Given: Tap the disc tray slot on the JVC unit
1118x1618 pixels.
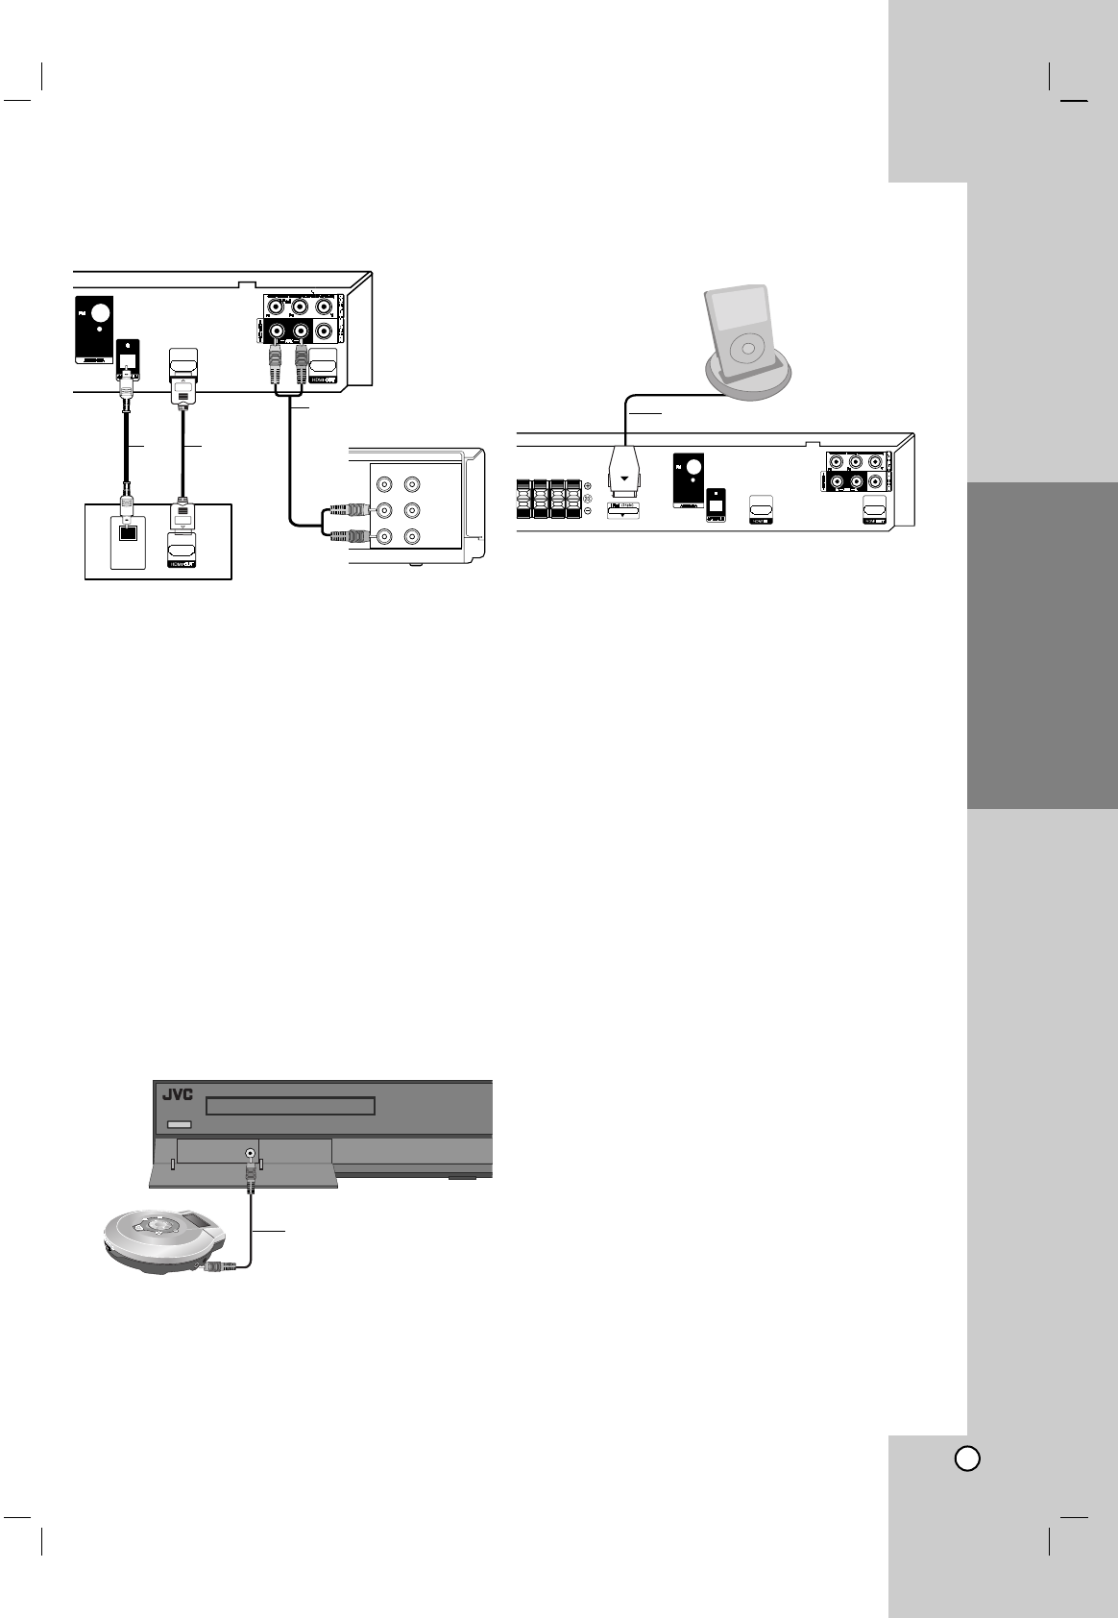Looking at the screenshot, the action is click(x=291, y=1105).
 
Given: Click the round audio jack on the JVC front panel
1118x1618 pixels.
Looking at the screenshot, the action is click(x=251, y=1153).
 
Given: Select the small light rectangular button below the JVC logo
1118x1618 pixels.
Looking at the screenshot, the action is click(x=180, y=1124).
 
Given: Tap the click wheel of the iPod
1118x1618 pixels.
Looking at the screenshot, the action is click(x=746, y=348).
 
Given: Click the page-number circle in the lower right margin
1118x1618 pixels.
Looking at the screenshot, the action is click(x=967, y=1458).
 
